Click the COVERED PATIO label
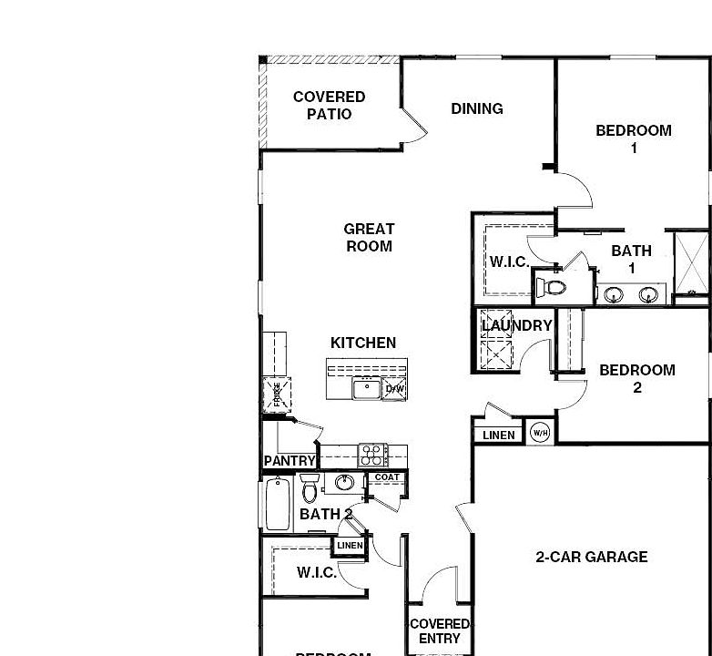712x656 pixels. point(329,106)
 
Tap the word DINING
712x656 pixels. point(477,108)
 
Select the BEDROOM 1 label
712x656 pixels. point(634,138)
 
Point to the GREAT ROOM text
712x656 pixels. point(369,238)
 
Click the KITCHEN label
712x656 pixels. point(363,343)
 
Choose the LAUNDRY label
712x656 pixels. point(516,325)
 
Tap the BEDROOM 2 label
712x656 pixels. point(637,378)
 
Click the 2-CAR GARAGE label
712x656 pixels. point(592,557)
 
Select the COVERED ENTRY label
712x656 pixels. point(440,631)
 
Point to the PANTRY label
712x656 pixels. point(290,461)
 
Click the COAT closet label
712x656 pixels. point(387,477)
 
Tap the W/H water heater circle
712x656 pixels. point(540,433)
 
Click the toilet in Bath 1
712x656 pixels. point(552,288)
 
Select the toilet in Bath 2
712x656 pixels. point(310,488)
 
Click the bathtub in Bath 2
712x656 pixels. point(277,504)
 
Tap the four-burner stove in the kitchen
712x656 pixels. point(372,454)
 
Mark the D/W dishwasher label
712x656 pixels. point(394,389)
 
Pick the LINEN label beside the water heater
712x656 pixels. point(498,435)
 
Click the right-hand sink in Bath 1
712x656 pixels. point(648,294)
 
